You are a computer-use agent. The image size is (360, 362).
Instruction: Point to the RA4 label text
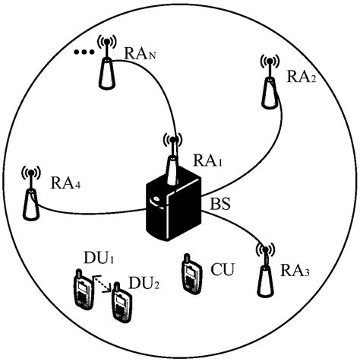pos(67,183)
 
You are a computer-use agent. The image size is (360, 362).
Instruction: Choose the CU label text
pos(223,268)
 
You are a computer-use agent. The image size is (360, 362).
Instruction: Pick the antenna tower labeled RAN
pos(104,64)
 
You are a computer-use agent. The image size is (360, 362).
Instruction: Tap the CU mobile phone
pos(191,278)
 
